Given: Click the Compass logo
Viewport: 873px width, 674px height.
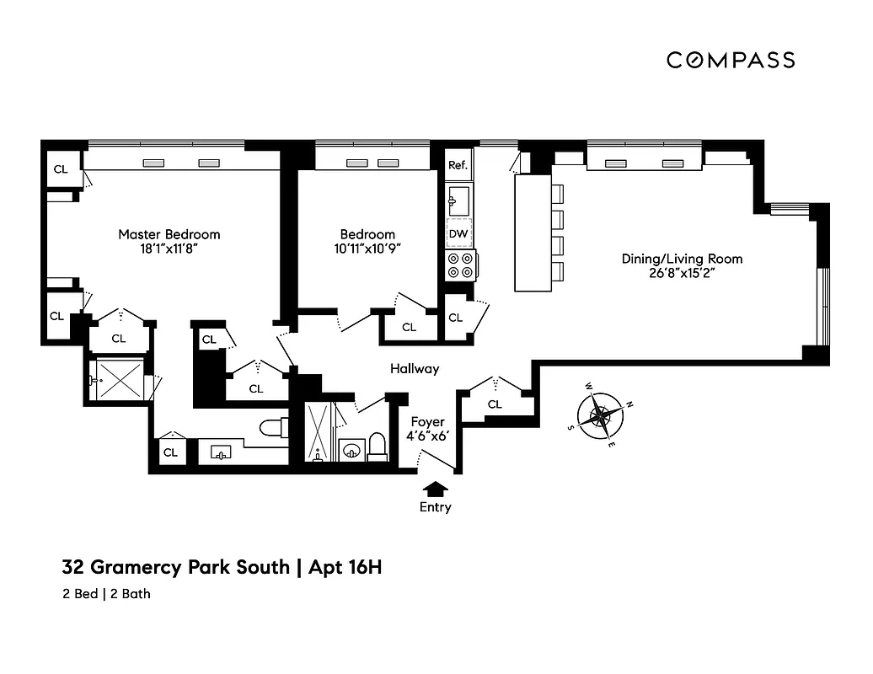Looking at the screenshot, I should click(731, 60).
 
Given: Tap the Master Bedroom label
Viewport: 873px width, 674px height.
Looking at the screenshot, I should click(169, 234).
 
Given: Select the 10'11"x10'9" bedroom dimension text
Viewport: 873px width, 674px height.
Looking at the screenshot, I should click(367, 249).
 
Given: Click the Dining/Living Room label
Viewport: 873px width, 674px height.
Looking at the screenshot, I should click(682, 259).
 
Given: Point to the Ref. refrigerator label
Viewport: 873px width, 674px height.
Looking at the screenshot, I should click(458, 165).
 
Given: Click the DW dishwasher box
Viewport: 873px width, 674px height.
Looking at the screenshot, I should click(458, 233).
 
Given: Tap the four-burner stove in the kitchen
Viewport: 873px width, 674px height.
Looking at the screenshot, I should click(461, 265).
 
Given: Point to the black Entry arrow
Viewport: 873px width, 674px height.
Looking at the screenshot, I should click(436, 488).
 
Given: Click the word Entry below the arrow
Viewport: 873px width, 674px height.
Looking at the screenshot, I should click(436, 507).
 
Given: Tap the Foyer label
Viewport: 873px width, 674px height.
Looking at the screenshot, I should click(427, 422).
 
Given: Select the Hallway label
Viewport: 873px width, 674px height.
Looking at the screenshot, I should click(414, 369).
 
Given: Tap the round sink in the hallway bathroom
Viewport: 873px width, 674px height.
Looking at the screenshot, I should click(349, 450).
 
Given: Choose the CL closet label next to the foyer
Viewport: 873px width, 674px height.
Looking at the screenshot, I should click(495, 404).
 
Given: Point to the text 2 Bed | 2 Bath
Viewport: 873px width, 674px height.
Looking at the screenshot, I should click(106, 594).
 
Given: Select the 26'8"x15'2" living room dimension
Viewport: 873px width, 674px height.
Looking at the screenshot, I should click(682, 273).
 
